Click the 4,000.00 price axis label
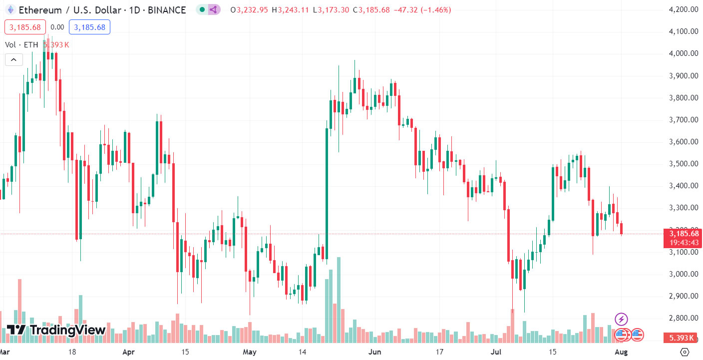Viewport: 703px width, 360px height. [x=683, y=53]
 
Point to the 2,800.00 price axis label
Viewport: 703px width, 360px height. [x=683, y=318]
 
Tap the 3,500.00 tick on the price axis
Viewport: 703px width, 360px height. [x=683, y=164]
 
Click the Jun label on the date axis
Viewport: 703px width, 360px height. [x=374, y=352]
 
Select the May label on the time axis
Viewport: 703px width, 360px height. [x=250, y=352]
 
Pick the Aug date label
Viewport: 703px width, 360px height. [x=621, y=352]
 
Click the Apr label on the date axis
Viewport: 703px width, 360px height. [x=129, y=352]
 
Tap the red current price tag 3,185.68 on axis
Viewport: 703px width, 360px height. [x=684, y=233]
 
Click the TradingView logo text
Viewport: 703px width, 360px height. [x=67, y=330]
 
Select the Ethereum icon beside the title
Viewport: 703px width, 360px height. [x=10, y=10]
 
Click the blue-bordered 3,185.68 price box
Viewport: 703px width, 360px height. [x=89, y=27]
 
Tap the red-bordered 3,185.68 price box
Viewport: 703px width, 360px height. [x=25, y=27]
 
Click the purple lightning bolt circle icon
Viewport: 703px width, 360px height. [x=621, y=319]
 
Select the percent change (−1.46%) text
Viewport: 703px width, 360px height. [x=434, y=10]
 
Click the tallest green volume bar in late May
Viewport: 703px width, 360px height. [x=339, y=300]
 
